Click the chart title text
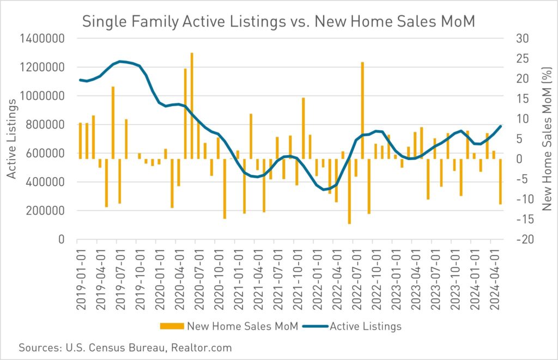[x=278, y=22]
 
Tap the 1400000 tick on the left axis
[x=44, y=39]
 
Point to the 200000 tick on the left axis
[x=48, y=211]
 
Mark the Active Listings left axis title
[x=12, y=139]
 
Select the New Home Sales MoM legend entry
[x=229, y=326]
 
